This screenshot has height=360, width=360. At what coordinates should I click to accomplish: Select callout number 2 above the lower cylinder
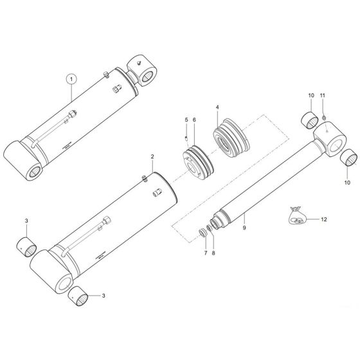tap(152, 156)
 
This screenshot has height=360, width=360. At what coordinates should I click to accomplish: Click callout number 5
tap(186, 120)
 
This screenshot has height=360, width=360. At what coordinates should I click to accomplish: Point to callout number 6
tap(195, 120)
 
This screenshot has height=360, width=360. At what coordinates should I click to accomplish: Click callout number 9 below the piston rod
tap(244, 227)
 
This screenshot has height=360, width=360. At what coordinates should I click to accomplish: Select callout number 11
tap(323, 96)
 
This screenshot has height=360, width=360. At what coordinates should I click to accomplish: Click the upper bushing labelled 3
tap(27, 244)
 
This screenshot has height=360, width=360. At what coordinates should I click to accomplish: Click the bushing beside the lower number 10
tap(350, 156)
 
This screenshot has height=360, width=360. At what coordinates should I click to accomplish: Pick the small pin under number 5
tap(186, 136)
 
